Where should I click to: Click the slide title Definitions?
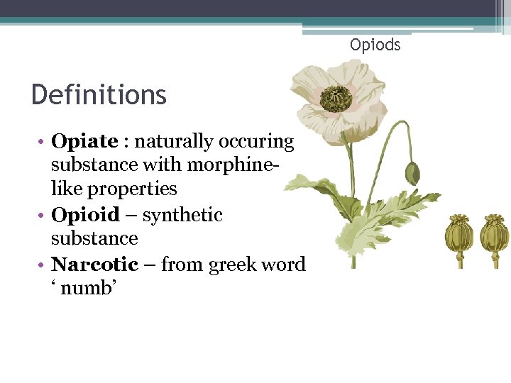tap(99, 94)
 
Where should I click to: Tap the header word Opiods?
tap(375, 45)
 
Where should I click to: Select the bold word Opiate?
tap(84, 141)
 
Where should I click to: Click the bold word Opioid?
tap(85, 214)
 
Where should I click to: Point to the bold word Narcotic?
tap(94, 265)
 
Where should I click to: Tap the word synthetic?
tap(182, 214)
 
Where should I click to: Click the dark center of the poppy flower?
tap(336, 99)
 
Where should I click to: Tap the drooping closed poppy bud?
tap(412, 172)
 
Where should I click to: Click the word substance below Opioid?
tap(94, 238)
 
